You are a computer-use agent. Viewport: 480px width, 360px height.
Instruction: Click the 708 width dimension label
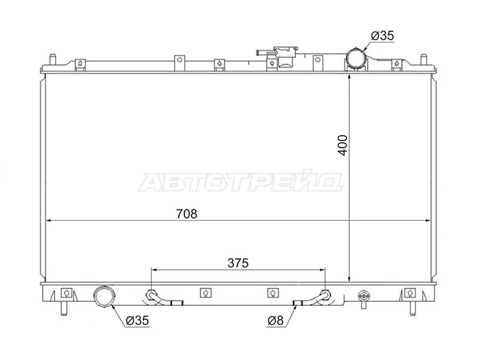187,213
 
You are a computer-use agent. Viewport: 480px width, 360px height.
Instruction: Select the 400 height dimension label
342,145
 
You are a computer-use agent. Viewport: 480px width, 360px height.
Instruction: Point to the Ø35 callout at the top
382,37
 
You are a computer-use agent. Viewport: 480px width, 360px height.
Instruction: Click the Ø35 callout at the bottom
137,321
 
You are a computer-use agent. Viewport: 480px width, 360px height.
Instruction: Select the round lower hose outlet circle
106,296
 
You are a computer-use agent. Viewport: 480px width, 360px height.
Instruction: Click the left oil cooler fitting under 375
151,295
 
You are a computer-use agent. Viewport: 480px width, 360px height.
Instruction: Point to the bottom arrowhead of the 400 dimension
349,278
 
